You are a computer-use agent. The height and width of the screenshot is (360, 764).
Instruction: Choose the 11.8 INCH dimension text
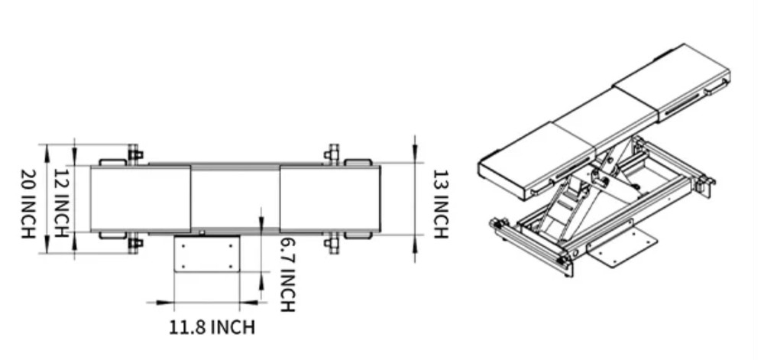pyautogui.click(x=212, y=328)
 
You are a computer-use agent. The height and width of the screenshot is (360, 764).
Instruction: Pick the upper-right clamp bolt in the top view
pyautogui.click(x=332, y=154)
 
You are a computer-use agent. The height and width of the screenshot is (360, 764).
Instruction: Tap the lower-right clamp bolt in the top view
pyautogui.click(x=332, y=245)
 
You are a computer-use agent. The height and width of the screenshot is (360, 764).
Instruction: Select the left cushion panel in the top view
pyautogui.click(x=141, y=199)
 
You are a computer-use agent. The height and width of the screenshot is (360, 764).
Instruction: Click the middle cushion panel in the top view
pyautogui.click(x=235, y=199)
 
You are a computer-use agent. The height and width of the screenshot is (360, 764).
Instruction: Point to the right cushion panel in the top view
pyautogui.click(x=329, y=199)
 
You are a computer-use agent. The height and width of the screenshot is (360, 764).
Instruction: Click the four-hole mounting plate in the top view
pyautogui.click(x=207, y=253)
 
